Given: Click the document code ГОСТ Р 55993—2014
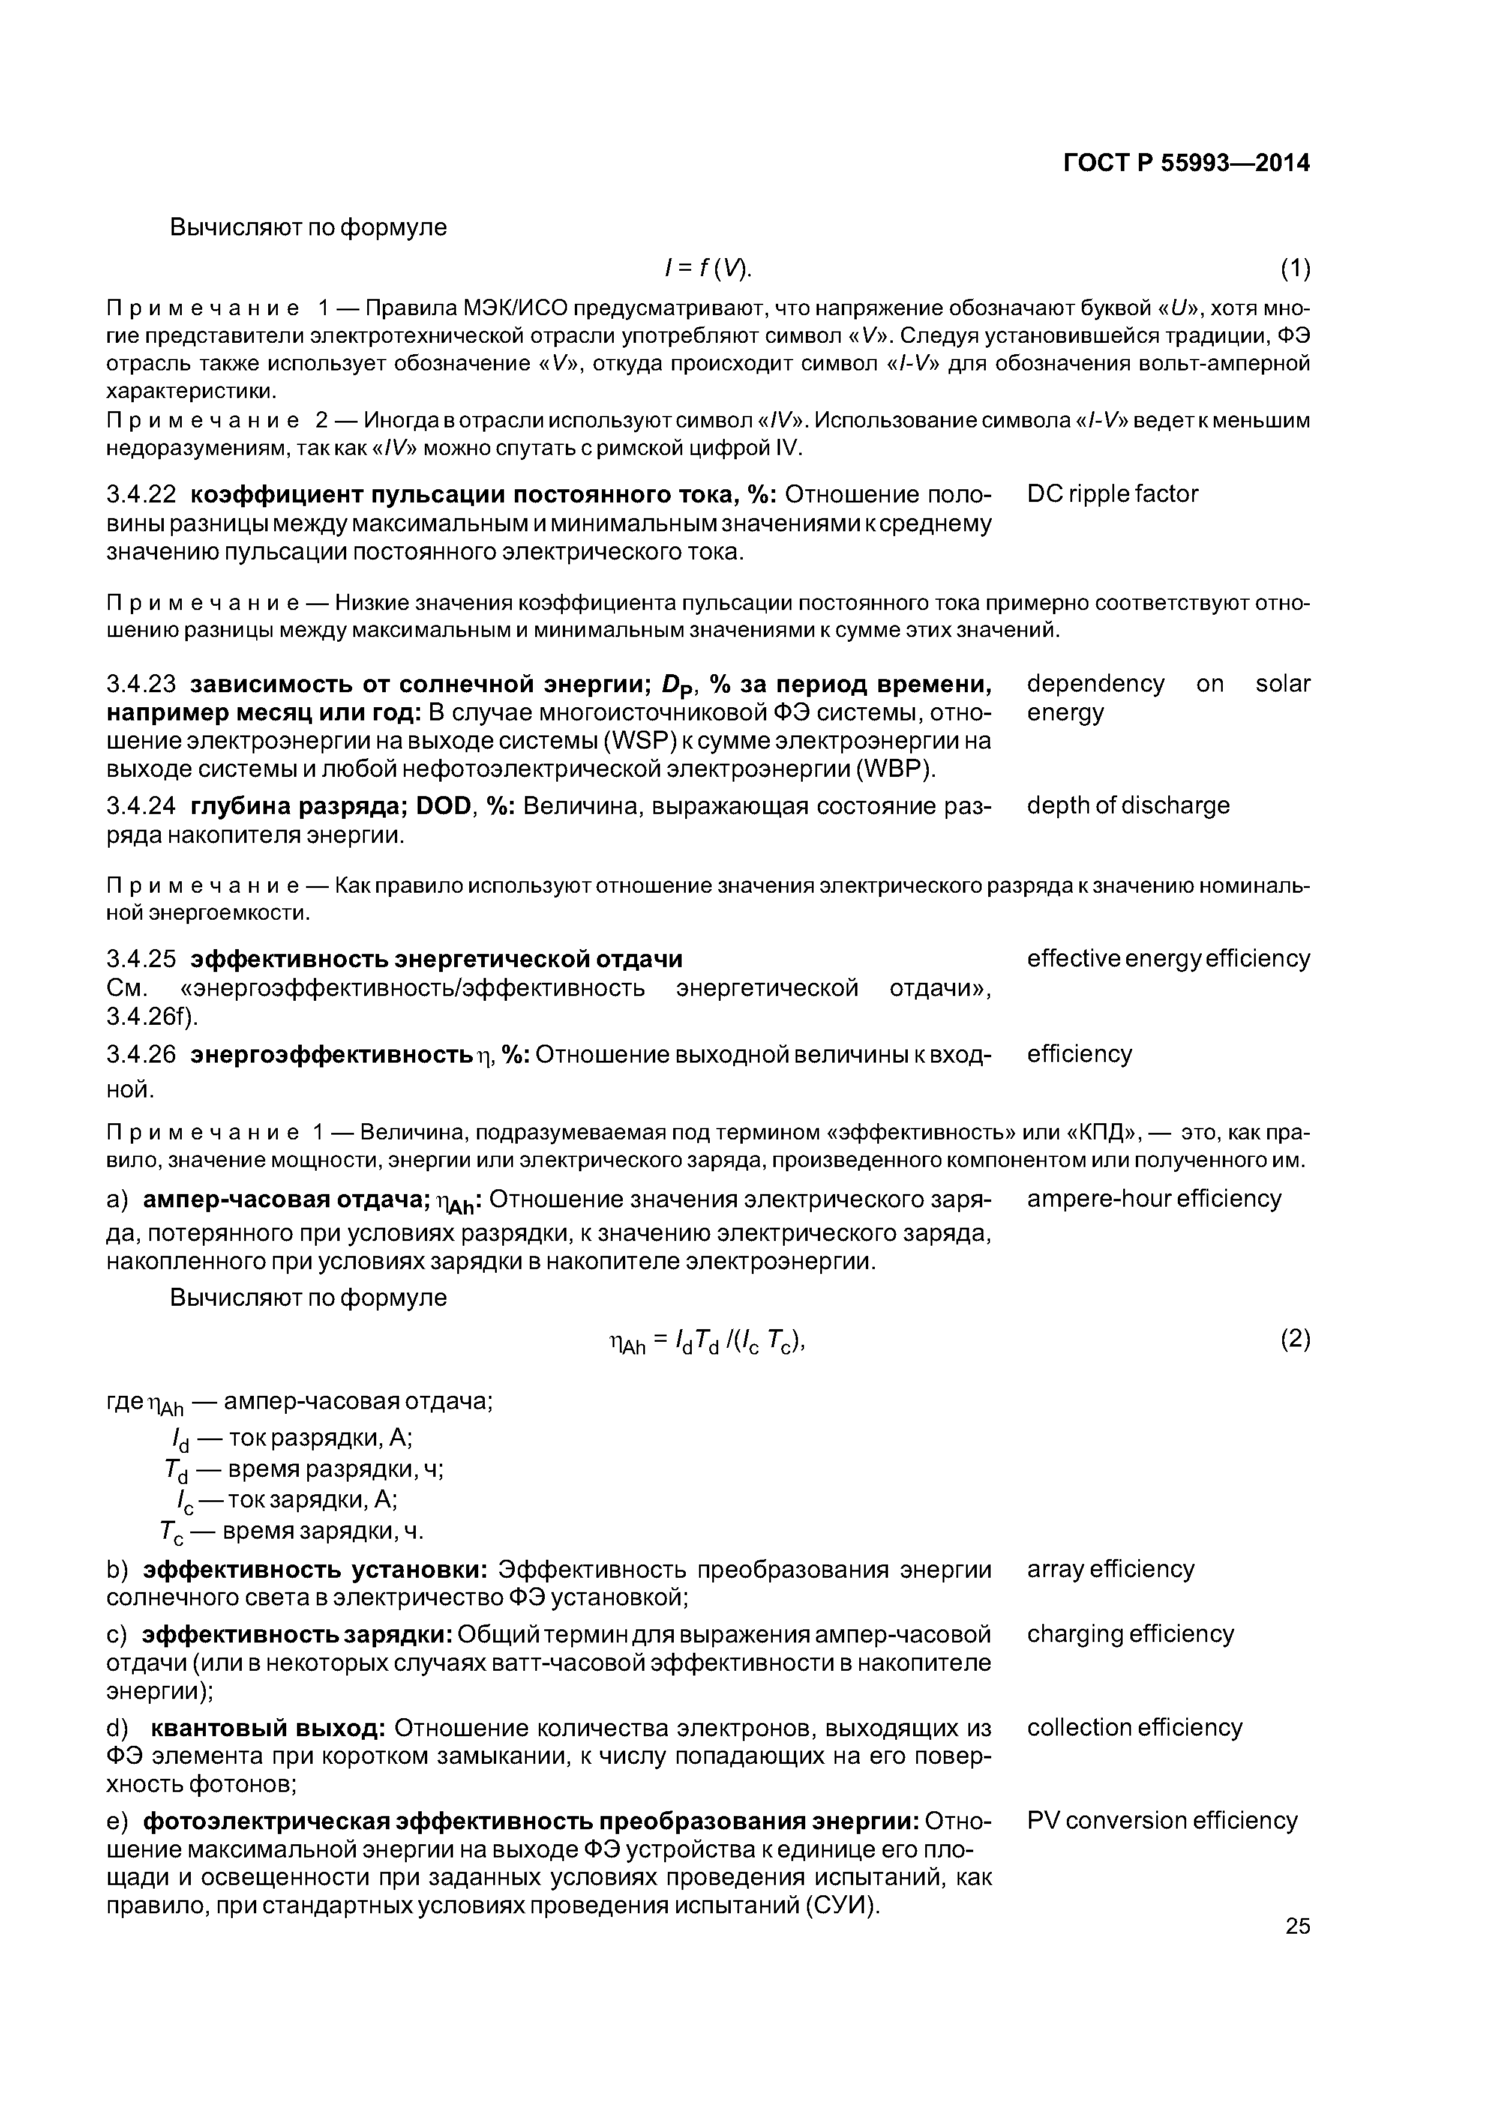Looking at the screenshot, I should pos(1186,163).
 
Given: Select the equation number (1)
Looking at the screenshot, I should pos(1295,269).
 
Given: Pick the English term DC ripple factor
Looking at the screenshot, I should pos(1112,495).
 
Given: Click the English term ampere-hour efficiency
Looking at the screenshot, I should pos(1153,1199).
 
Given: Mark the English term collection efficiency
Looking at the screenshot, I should pos(1134,1728).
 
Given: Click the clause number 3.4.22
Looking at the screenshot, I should pos(141,495).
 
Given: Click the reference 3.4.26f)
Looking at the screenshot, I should pos(152,1017).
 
